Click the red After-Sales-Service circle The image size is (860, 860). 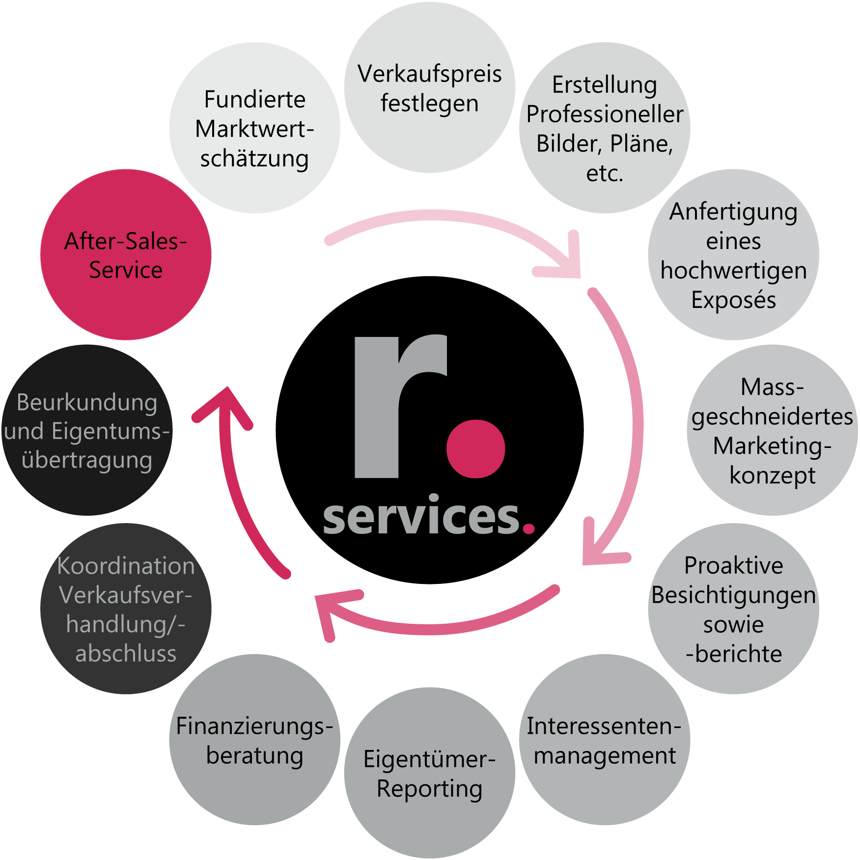coord(126,255)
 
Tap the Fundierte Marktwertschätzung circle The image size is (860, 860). coord(254,128)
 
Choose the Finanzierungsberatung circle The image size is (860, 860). coord(254,740)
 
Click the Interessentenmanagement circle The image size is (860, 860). coord(604,740)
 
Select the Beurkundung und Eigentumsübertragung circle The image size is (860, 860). coord(87,430)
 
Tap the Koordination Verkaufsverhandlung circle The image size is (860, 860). coord(126,609)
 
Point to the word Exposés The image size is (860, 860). coord(733,300)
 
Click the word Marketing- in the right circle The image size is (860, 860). coord(772,446)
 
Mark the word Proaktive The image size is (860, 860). coord(733,566)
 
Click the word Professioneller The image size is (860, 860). coord(604,114)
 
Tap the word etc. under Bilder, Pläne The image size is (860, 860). coord(604,173)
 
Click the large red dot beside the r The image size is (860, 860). coord(475,448)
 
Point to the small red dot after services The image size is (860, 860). coord(528,528)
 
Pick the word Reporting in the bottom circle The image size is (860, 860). coord(429,789)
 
